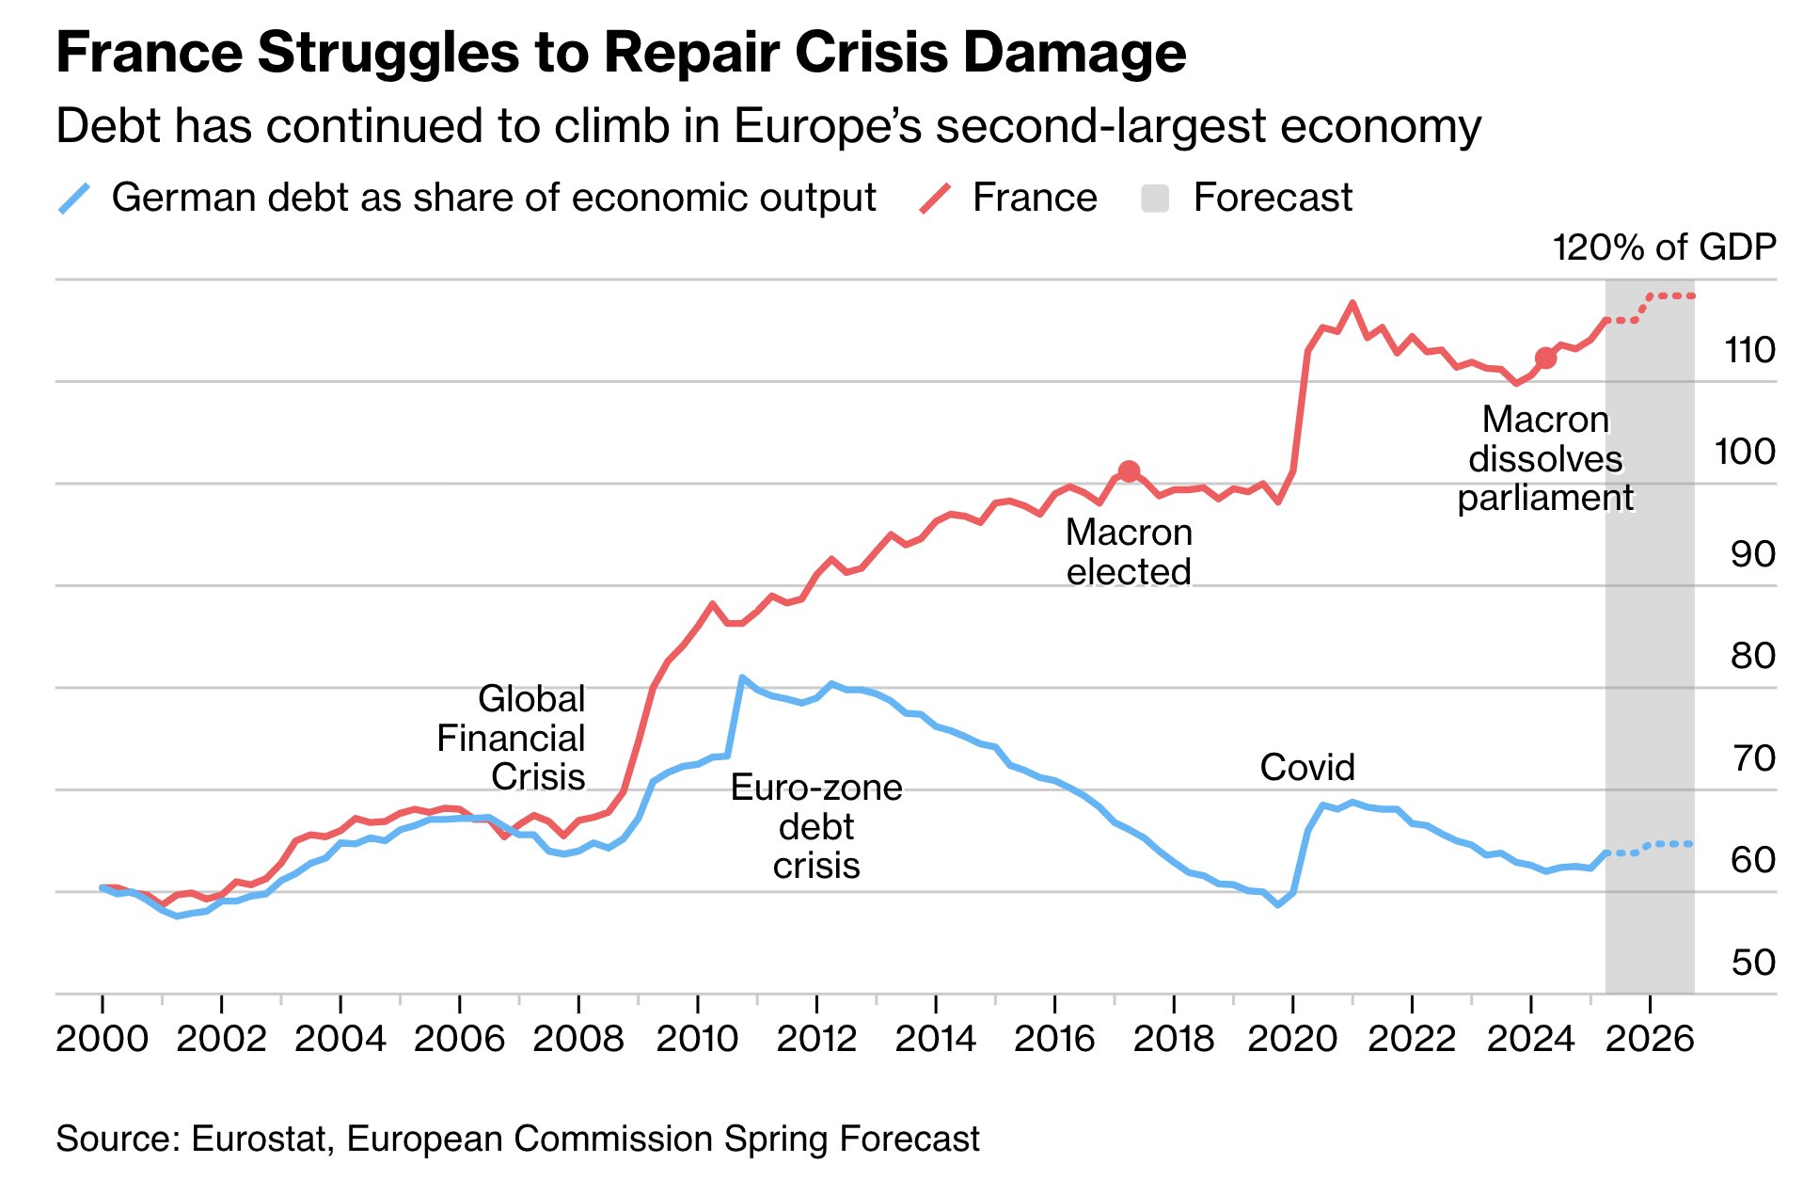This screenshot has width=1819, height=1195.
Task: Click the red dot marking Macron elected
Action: point(1129,471)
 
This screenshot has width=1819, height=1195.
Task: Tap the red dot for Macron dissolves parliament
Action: point(1545,358)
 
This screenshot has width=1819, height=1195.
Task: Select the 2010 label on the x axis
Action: point(697,1040)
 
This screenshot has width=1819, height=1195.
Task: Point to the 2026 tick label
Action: point(1650,1040)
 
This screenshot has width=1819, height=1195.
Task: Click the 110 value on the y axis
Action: point(1749,350)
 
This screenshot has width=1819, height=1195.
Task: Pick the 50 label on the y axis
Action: point(1752,962)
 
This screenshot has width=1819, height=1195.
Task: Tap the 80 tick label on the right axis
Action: point(1752,656)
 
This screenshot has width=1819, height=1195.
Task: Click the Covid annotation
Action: point(1307,768)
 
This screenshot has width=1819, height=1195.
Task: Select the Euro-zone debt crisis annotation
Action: point(816,826)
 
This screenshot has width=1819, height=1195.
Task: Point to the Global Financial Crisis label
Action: point(512,738)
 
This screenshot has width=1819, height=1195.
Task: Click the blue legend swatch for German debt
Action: point(75,199)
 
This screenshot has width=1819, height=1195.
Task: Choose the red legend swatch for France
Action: point(935,199)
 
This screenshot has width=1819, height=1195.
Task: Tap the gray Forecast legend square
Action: point(1155,199)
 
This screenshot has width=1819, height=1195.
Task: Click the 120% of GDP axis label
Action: point(1664,247)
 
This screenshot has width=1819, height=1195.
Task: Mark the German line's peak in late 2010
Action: point(742,677)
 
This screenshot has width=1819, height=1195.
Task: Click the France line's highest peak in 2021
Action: point(1352,303)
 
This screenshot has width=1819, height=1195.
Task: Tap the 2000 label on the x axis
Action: point(102,1040)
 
